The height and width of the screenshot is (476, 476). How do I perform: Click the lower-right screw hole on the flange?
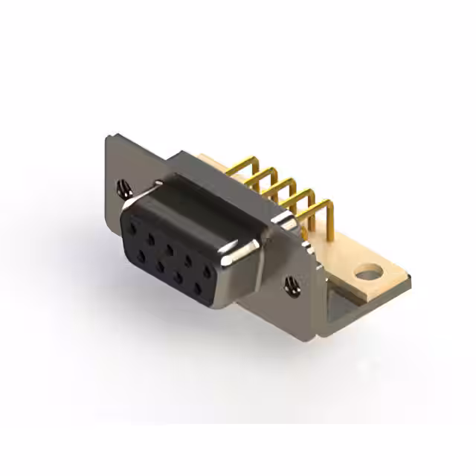tap(291, 283)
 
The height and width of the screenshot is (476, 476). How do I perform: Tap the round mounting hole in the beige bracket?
tap(367, 273)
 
